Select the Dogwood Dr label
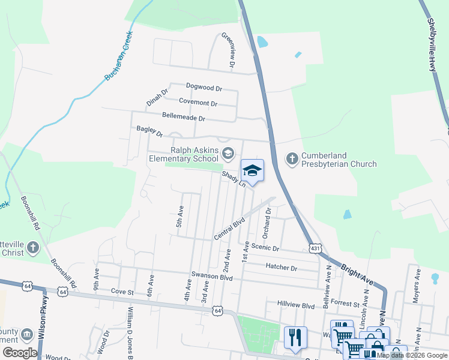pyautogui.click(x=204, y=88)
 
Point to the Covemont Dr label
pyautogui.click(x=197, y=103)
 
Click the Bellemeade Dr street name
pyautogui.click(x=184, y=116)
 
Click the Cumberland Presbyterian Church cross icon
pyautogui.click(x=292, y=159)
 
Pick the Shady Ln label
pyautogui.click(x=234, y=179)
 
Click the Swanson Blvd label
pyautogui.click(x=211, y=275)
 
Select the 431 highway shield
pyautogui.click(x=315, y=248)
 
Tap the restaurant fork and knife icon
pyautogui.click(x=294, y=337)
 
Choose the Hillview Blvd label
pyautogui.click(x=296, y=305)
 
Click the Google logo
pyautogui.click(x=20, y=353)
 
